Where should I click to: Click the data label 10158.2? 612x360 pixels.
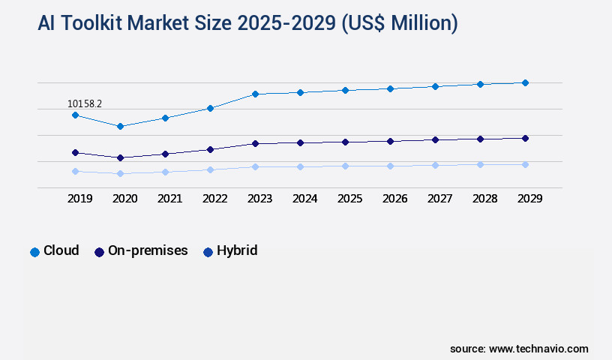pyautogui.click(x=85, y=103)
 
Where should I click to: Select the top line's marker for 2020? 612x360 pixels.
pyautogui.click(x=120, y=126)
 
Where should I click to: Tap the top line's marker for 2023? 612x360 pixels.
pyautogui.click(x=255, y=94)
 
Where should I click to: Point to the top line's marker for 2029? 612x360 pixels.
pyautogui.click(x=525, y=82)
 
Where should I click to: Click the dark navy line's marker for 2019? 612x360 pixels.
pyautogui.click(x=75, y=152)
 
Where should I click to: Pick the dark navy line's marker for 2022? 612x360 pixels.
pyautogui.click(x=210, y=149)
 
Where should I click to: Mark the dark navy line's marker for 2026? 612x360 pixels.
pyautogui.click(x=390, y=141)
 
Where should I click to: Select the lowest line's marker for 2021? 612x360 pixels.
pyautogui.click(x=165, y=172)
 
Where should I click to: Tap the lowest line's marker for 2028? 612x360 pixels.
pyautogui.click(x=480, y=164)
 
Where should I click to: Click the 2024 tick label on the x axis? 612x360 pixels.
pyautogui.click(x=304, y=199)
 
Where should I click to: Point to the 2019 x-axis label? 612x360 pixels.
pyautogui.click(x=79, y=199)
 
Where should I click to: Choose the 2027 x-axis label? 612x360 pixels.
pyautogui.click(x=439, y=199)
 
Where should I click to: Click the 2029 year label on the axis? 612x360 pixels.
pyautogui.click(x=529, y=199)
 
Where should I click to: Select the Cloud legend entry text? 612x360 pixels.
pyautogui.click(x=61, y=250)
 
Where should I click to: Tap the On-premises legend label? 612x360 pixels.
pyautogui.click(x=148, y=250)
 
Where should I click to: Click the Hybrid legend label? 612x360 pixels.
pyautogui.click(x=237, y=250)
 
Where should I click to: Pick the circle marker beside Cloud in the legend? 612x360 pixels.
pyautogui.click(x=34, y=252)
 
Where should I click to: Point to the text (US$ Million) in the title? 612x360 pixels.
pyautogui.click(x=399, y=24)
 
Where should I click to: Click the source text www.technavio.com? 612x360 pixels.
pyautogui.click(x=538, y=349)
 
